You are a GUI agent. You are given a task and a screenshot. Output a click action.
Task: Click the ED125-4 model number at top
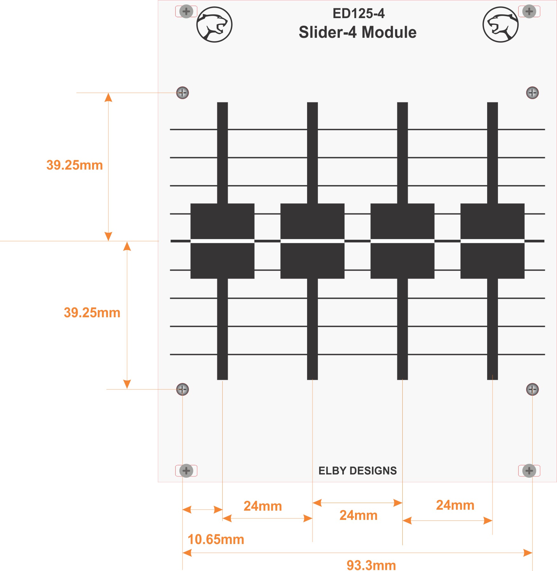359,14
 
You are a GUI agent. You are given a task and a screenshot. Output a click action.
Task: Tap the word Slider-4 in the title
327,32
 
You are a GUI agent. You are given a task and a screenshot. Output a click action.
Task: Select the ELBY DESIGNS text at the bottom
358,471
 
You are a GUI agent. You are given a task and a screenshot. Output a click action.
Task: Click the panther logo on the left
214,24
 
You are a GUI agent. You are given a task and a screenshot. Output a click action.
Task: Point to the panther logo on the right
500,24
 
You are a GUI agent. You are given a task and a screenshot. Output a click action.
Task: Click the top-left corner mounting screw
186,12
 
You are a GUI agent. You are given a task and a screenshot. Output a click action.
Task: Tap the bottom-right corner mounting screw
529,471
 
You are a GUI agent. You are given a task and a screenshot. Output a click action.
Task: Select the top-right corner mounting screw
529,12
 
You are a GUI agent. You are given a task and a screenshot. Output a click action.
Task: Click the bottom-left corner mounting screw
186,471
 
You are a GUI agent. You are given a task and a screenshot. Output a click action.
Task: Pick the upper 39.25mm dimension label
75,165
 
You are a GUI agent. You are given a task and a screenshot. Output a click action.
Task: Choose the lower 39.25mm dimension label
92,313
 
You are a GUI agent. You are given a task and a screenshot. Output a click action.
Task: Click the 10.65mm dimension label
216,540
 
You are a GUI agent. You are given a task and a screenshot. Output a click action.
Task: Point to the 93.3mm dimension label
371,565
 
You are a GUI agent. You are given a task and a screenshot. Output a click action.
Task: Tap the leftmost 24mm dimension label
263,506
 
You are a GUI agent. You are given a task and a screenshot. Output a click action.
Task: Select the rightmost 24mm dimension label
455,505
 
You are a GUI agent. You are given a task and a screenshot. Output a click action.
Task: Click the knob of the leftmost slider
222,241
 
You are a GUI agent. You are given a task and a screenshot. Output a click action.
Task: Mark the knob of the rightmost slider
492,241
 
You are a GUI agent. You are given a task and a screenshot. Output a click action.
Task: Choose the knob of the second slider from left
312,241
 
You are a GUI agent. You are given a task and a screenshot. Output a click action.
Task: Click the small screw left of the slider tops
183,93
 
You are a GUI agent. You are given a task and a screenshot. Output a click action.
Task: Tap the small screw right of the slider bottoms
533,389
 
